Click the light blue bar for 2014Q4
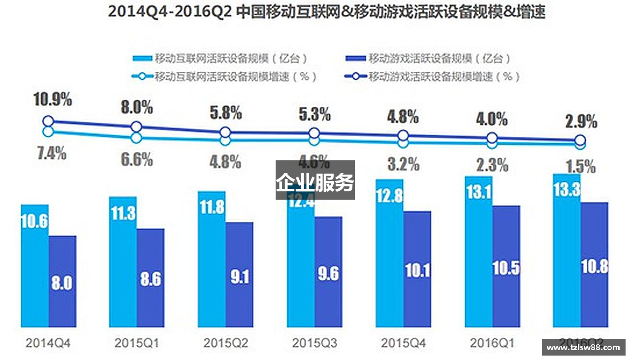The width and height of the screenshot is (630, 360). click(x=34, y=266)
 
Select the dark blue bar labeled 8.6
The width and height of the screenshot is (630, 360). click(x=151, y=278)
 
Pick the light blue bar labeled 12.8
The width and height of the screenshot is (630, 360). click(x=389, y=253)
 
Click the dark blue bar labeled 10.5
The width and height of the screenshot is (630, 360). click(x=506, y=266)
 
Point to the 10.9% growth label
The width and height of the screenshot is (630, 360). click(x=53, y=99)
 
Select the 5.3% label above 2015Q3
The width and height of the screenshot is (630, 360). click(x=314, y=115)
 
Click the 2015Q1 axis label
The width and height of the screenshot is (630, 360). click(x=137, y=343)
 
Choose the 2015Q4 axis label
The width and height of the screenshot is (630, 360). click(x=403, y=343)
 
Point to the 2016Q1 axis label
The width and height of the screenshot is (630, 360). click(x=492, y=343)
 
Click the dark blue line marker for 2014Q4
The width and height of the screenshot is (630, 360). click(x=48, y=121)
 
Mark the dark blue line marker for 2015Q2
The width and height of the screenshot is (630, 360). click(x=225, y=132)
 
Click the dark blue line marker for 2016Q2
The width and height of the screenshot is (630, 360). click(x=581, y=140)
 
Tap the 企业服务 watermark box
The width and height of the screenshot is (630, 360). click(x=315, y=180)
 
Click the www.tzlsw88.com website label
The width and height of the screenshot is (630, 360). click(x=583, y=347)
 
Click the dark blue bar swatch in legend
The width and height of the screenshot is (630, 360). click(x=356, y=59)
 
